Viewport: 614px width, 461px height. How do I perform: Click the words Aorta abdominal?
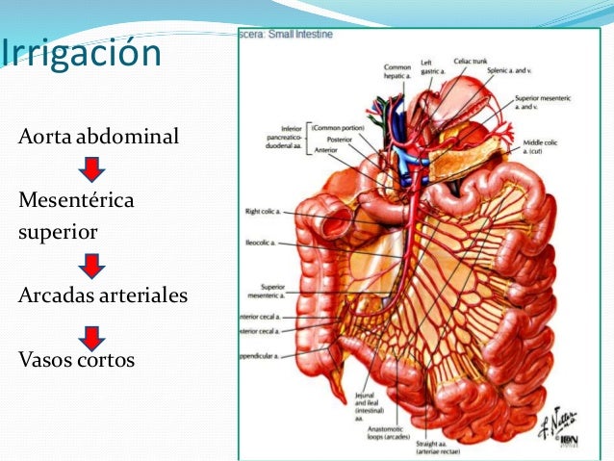tap(98, 137)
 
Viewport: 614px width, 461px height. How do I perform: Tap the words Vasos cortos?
tap(76, 360)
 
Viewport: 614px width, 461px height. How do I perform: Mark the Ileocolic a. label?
tap(263, 244)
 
